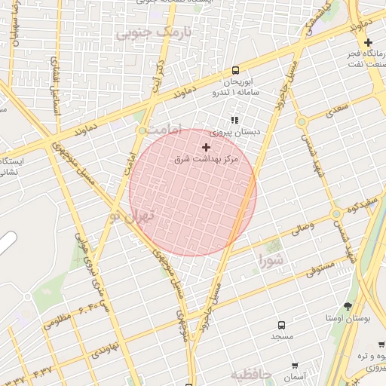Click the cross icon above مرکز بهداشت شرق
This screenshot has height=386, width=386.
point(206,147)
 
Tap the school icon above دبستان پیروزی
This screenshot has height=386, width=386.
point(234,119)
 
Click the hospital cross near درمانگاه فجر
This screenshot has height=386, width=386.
point(368,43)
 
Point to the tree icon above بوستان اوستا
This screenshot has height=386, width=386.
point(348,306)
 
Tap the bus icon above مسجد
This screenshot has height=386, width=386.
point(281,324)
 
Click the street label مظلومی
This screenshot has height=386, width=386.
point(57,319)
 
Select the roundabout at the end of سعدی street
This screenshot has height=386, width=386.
point(302,121)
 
